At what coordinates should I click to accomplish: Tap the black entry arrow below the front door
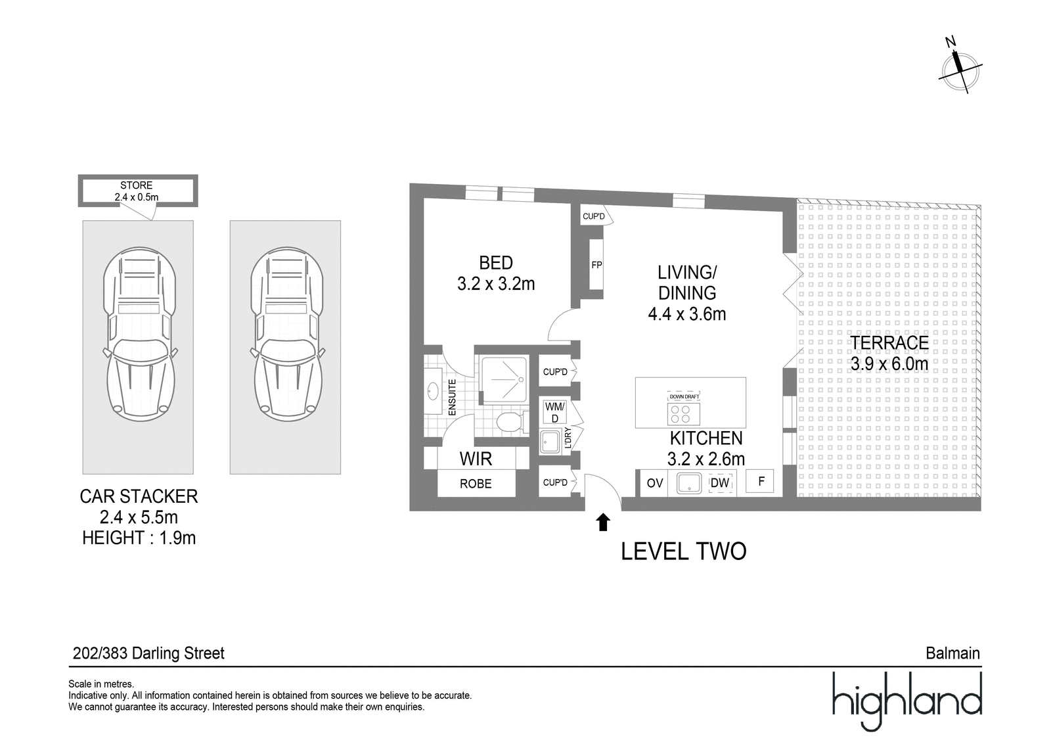tap(603, 522)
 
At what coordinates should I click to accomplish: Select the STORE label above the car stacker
tap(136, 185)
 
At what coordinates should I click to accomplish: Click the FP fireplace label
tap(596, 266)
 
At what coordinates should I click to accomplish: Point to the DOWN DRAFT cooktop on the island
tap(684, 409)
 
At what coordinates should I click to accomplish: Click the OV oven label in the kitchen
tap(654, 483)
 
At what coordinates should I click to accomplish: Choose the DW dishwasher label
tap(720, 483)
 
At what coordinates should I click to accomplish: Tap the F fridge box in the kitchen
tap(759, 481)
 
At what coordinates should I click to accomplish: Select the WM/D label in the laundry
tap(555, 412)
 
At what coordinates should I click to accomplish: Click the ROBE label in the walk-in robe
tap(476, 484)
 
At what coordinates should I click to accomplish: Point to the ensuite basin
tap(433, 390)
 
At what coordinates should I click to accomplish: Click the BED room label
tap(496, 263)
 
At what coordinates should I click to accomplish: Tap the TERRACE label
tap(889, 342)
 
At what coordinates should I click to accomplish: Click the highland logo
tap(907, 701)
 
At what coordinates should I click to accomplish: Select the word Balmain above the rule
tap(952, 653)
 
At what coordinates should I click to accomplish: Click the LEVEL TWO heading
tap(683, 551)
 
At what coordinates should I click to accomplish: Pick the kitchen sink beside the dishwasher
tap(689, 483)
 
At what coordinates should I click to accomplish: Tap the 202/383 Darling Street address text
tap(148, 653)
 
